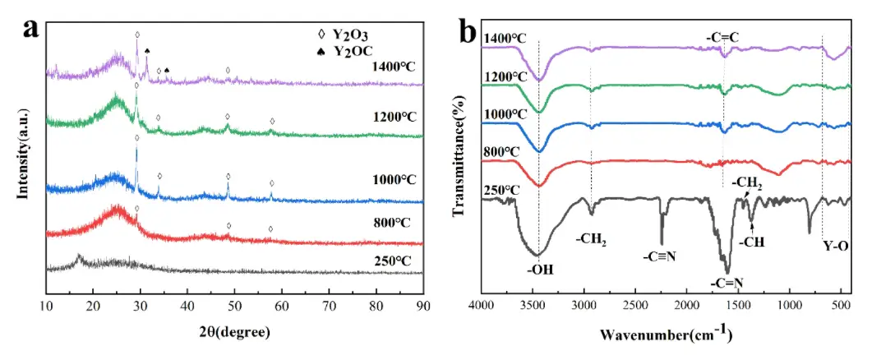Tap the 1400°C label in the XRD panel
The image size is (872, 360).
[394, 67]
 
